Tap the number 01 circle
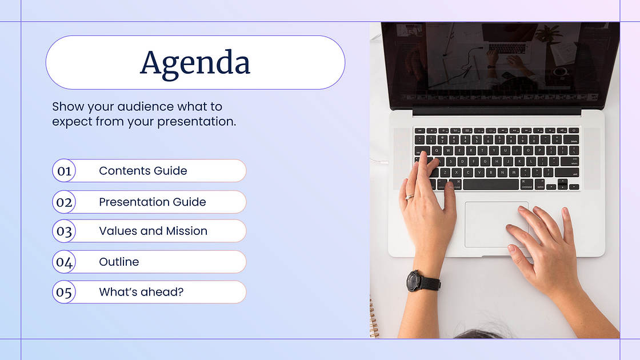pos(64,171)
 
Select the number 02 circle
pos(64,202)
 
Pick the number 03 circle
pos(64,231)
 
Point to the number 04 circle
pos(64,262)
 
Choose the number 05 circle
pos(64,292)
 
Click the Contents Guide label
pos(143,171)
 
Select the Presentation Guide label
pos(152,202)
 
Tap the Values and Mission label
pos(153,231)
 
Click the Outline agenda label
pos(119,262)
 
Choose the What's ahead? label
pos(141,292)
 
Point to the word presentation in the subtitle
pos(197,122)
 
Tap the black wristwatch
pos(422,282)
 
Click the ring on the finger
pos(409,197)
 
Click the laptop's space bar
pos(491,185)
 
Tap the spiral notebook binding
pos(373,318)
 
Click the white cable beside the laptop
pos(379,162)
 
